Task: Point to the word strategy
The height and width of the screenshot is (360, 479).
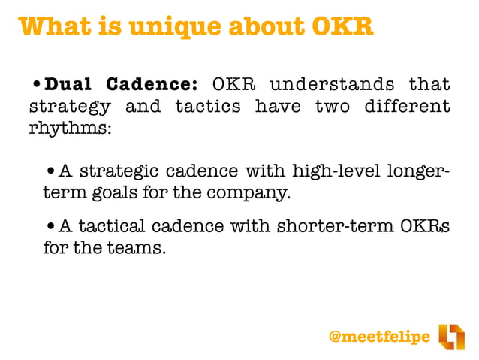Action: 70,106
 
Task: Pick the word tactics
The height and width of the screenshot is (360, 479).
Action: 208,106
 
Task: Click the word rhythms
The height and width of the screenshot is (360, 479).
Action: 70,128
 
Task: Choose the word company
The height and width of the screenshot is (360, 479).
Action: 244,193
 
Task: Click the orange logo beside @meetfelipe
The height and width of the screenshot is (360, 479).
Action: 451,336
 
